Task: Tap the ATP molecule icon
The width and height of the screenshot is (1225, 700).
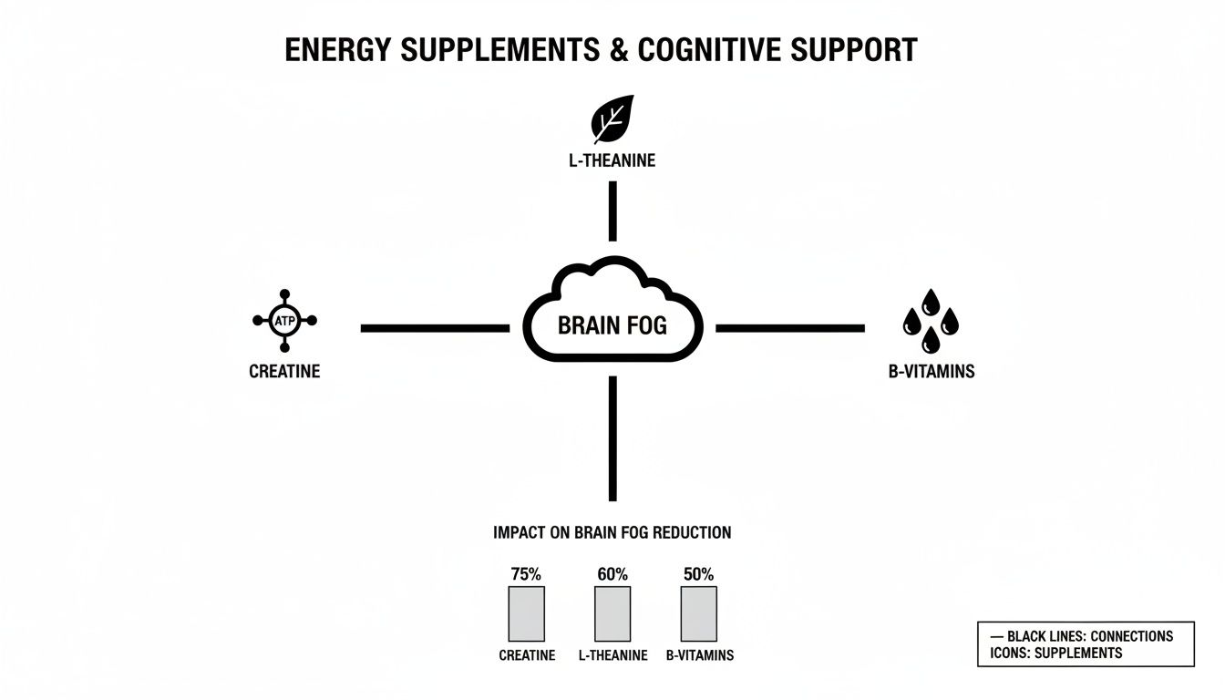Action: point(284,321)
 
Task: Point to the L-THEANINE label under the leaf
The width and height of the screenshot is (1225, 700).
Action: point(612,161)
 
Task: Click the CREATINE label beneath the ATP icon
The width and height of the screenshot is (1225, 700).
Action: point(284,372)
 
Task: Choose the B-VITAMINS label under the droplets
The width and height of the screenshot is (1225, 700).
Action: point(931,372)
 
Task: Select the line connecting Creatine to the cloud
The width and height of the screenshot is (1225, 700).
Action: point(435,327)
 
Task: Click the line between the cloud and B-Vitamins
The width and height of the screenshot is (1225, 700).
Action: point(789,327)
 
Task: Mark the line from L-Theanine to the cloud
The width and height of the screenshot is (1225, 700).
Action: point(612,211)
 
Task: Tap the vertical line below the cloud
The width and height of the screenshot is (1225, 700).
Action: point(612,438)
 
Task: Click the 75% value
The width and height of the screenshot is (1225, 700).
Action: point(526,574)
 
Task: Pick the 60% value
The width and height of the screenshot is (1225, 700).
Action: point(612,574)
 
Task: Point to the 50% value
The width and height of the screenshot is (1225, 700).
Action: point(698,574)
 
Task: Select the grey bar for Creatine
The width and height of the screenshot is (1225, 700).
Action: point(526,613)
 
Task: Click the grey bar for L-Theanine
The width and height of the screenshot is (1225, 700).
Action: point(612,613)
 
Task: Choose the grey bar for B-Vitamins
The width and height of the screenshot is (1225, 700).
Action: point(699,613)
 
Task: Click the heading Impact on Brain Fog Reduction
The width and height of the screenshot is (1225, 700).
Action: point(612,532)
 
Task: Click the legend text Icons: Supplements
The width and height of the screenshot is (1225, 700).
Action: point(1055,653)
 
